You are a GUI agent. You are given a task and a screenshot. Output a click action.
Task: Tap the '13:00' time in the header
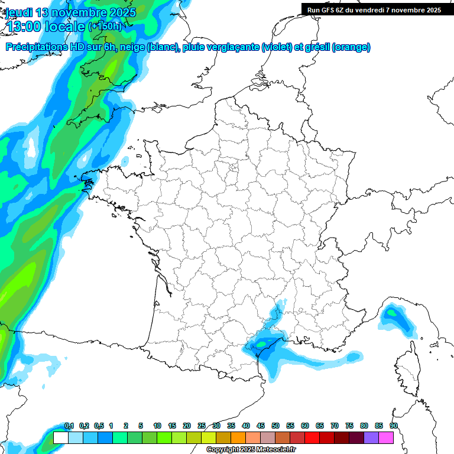click(x=27, y=26)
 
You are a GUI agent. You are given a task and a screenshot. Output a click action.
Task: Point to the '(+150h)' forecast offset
click(x=105, y=26)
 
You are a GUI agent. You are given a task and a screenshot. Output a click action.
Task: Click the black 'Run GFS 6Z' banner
click(x=374, y=9)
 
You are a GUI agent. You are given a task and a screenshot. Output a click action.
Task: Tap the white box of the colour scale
click(x=60, y=437)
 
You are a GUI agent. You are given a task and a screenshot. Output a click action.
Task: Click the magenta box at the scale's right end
click(x=386, y=437)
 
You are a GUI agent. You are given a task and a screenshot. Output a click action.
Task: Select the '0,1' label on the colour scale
click(x=69, y=426)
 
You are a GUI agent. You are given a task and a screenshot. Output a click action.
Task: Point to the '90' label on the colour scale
click(x=394, y=426)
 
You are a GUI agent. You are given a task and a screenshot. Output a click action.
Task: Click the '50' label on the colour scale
click(x=275, y=426)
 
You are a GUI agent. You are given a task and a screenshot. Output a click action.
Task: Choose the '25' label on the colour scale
click(x=202, y=426)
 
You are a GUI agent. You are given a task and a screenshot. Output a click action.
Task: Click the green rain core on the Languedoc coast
click(x=261, y=342)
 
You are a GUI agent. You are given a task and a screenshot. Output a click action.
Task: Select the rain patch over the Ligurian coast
click(x=395, y=316)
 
